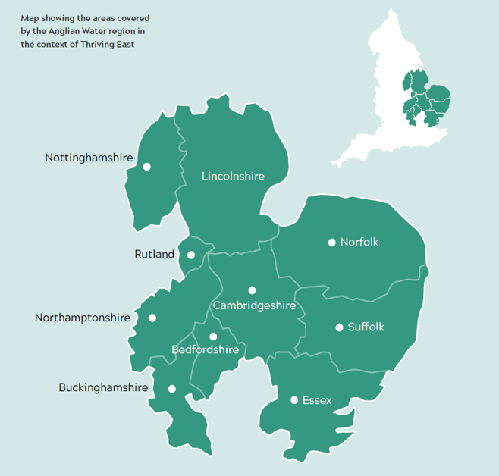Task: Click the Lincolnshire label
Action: (233, 177)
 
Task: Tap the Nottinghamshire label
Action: (89, 158)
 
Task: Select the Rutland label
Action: (154, 255)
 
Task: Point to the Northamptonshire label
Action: (83, 318)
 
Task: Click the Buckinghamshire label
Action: (103, 388)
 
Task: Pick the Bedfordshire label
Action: (205, 350)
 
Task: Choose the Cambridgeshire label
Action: (254, 305)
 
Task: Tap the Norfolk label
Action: (359, 243)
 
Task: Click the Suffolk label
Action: (366, 327)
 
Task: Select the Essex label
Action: (317, 400)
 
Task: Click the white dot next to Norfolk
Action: (331, 243)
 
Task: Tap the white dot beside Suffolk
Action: (339, 327)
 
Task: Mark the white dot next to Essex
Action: (293, 399)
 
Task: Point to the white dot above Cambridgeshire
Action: (252, 290)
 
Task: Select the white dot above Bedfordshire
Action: (213, 337)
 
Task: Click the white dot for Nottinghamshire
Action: (146, 166)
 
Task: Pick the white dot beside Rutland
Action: (191, 255)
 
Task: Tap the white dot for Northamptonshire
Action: (152, 318)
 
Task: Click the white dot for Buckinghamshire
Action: (172, 388)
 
